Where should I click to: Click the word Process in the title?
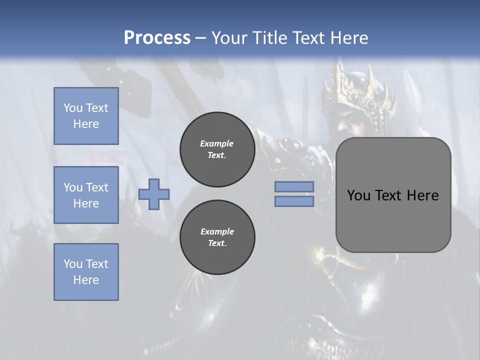(157, 38)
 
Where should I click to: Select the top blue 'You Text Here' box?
(86, 116)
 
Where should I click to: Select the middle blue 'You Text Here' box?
(86, 195)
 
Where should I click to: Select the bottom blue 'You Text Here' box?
(86, 272)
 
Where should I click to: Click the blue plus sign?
(154, 194)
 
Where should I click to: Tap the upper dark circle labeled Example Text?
(217, 149)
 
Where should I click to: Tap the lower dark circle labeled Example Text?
(217, 237)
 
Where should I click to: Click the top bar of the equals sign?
(294, 186)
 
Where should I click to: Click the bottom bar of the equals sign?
(294, 201)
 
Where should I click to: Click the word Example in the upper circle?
(217, 143)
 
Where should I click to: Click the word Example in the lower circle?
(217, 231)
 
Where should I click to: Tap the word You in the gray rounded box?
(358, 195)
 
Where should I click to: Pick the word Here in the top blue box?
(86, 124)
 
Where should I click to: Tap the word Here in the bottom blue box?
(86, 280)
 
